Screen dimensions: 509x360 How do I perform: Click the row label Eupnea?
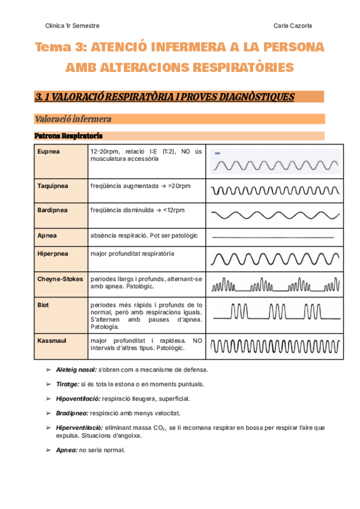coord(49,152)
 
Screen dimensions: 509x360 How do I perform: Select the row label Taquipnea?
coord(53,186)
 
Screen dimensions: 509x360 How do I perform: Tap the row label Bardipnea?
coord(52,210)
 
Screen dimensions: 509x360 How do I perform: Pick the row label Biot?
coord(43,305)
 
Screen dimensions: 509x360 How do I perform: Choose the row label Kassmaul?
coord(51,340)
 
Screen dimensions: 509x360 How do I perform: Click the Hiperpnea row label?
coord(53,254)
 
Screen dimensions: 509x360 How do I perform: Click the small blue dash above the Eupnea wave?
coord(217,154)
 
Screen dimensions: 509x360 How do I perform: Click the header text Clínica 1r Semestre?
coord(73,26)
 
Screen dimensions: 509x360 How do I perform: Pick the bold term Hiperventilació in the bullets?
coord(79,427)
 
